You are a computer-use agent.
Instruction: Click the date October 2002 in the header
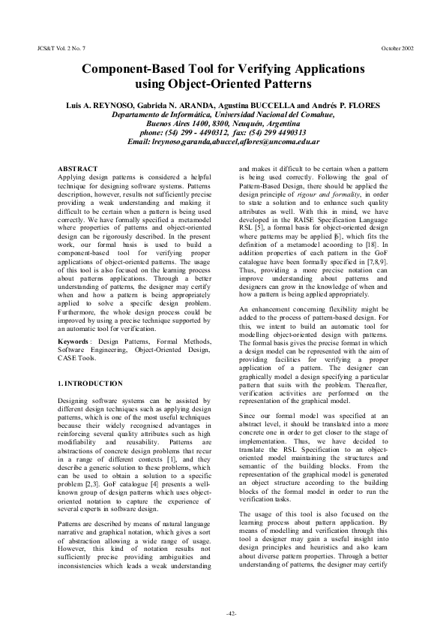tap(397, 47)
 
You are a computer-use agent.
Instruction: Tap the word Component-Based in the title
tap(139, 68)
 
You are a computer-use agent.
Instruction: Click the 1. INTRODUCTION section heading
tap(90, 384)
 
